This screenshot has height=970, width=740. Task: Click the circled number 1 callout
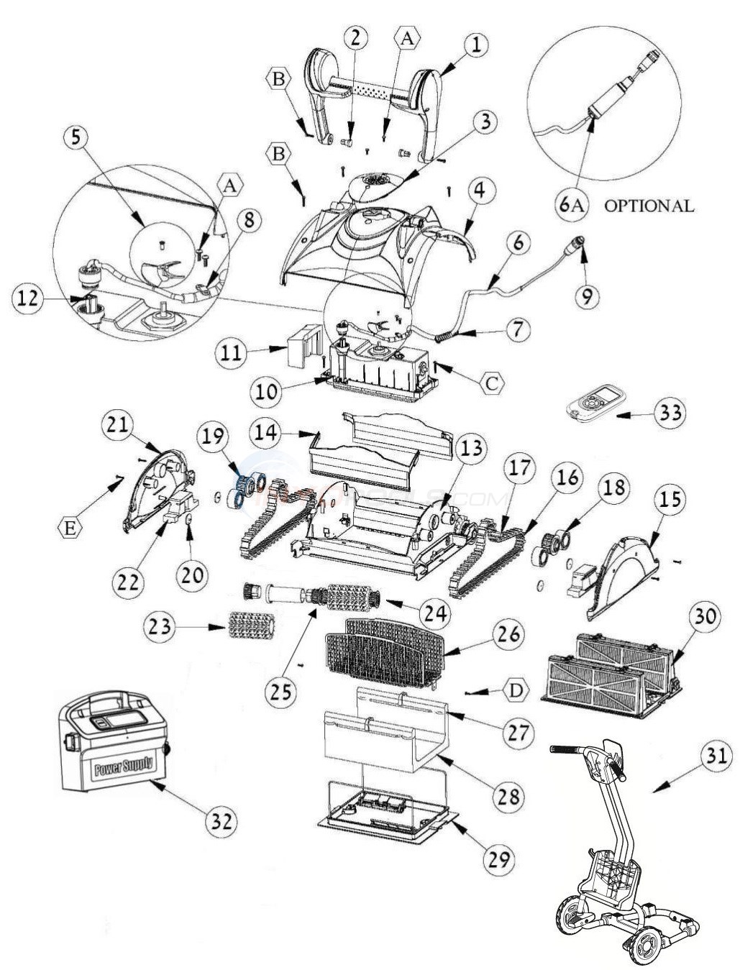[x=475, y=45]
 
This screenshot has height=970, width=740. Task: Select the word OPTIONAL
[x=649, y=206]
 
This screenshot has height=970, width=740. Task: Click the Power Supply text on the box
[x=123, y=765]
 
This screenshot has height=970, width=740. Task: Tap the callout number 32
[x=219, y=820]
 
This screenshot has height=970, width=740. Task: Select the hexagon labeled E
[x=70, y=529]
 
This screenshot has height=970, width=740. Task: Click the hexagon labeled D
[x=513, y=691]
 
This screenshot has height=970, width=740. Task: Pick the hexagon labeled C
[x=491, y=383]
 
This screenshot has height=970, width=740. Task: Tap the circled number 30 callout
[x=705, y=616]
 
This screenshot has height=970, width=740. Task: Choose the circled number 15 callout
[x=670, y=500]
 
